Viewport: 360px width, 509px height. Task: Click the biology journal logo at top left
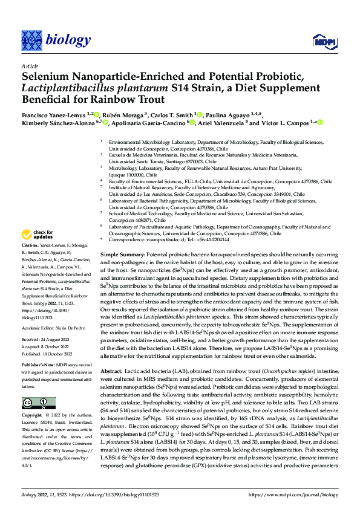tap(56, 40)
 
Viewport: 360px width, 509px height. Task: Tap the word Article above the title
tap(29, 66)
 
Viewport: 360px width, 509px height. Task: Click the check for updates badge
tap(38, 235)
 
